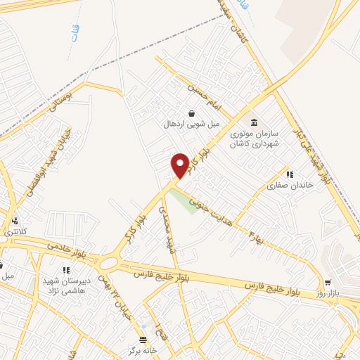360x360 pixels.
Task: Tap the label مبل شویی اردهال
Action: [x=192, y=124]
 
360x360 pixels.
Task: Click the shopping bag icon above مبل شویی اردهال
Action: [x=191, y=113]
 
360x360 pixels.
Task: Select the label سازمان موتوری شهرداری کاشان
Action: [x=254, y=138]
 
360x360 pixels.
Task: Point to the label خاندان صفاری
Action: [x=284, y=186]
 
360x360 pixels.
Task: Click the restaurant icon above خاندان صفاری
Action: [x=288, y=174]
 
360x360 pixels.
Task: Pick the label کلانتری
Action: [x=14, y=231]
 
